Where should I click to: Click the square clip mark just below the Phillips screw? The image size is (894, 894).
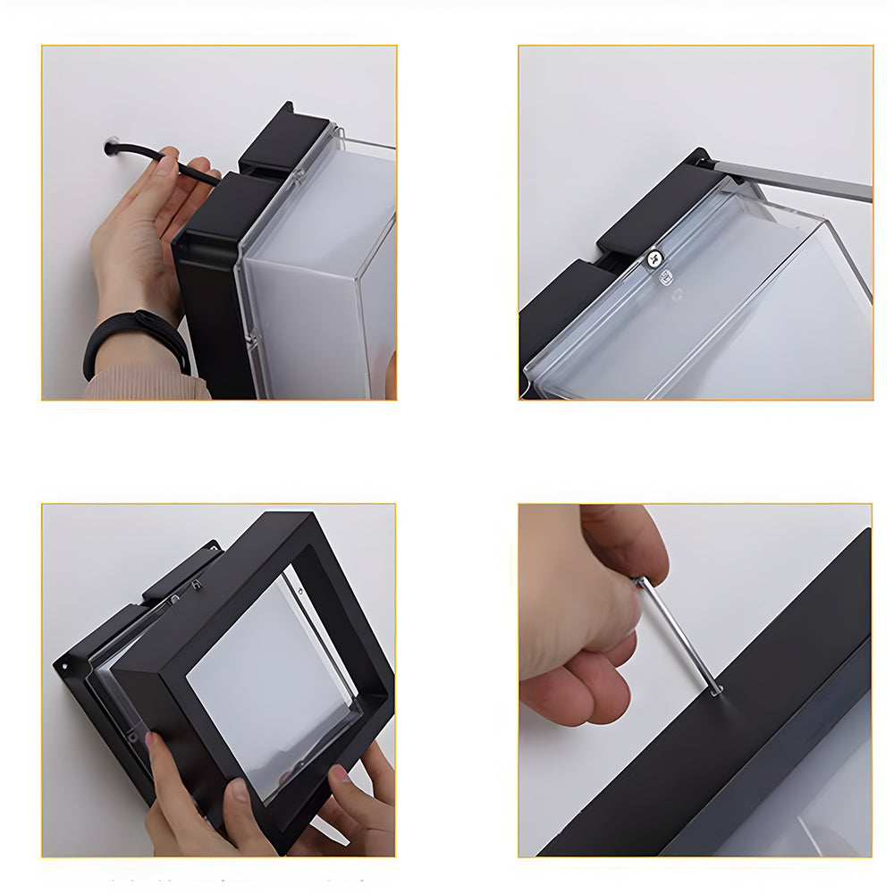point(666,278)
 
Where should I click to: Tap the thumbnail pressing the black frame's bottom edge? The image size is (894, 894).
point(239,790)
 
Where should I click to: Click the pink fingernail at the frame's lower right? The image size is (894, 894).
point(341,773)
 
